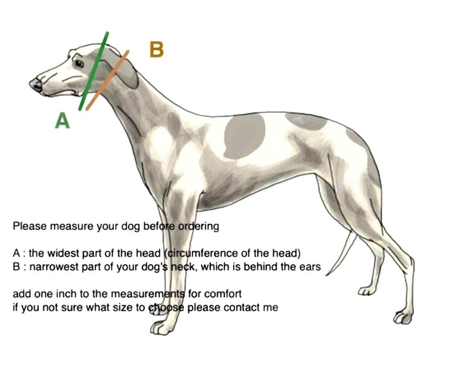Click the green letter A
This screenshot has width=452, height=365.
tap(62, 121)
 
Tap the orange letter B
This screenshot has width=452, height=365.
tap(157, 50)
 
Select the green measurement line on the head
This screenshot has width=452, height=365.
tap(94, 71)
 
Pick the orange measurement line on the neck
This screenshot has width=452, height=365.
tap(108, 80)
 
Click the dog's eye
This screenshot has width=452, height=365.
tap(79, 64)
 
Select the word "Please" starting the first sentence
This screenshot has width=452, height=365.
tap(30, 226)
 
